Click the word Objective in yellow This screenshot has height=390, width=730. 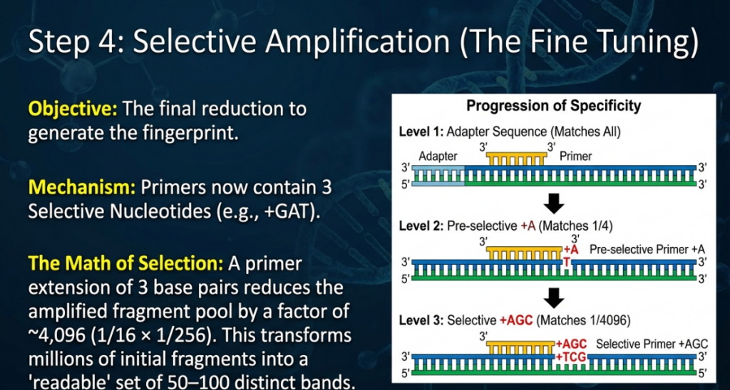(x=73, y=110)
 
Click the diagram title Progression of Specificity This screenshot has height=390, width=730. (x=553, y=106)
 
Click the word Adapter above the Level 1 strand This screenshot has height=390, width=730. (x=438, y=156)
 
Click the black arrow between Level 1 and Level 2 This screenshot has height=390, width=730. (x=553, y=205)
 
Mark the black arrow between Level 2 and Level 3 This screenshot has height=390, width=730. (x=553, y=297)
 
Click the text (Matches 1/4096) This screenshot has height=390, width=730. (x=589, y=320)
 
